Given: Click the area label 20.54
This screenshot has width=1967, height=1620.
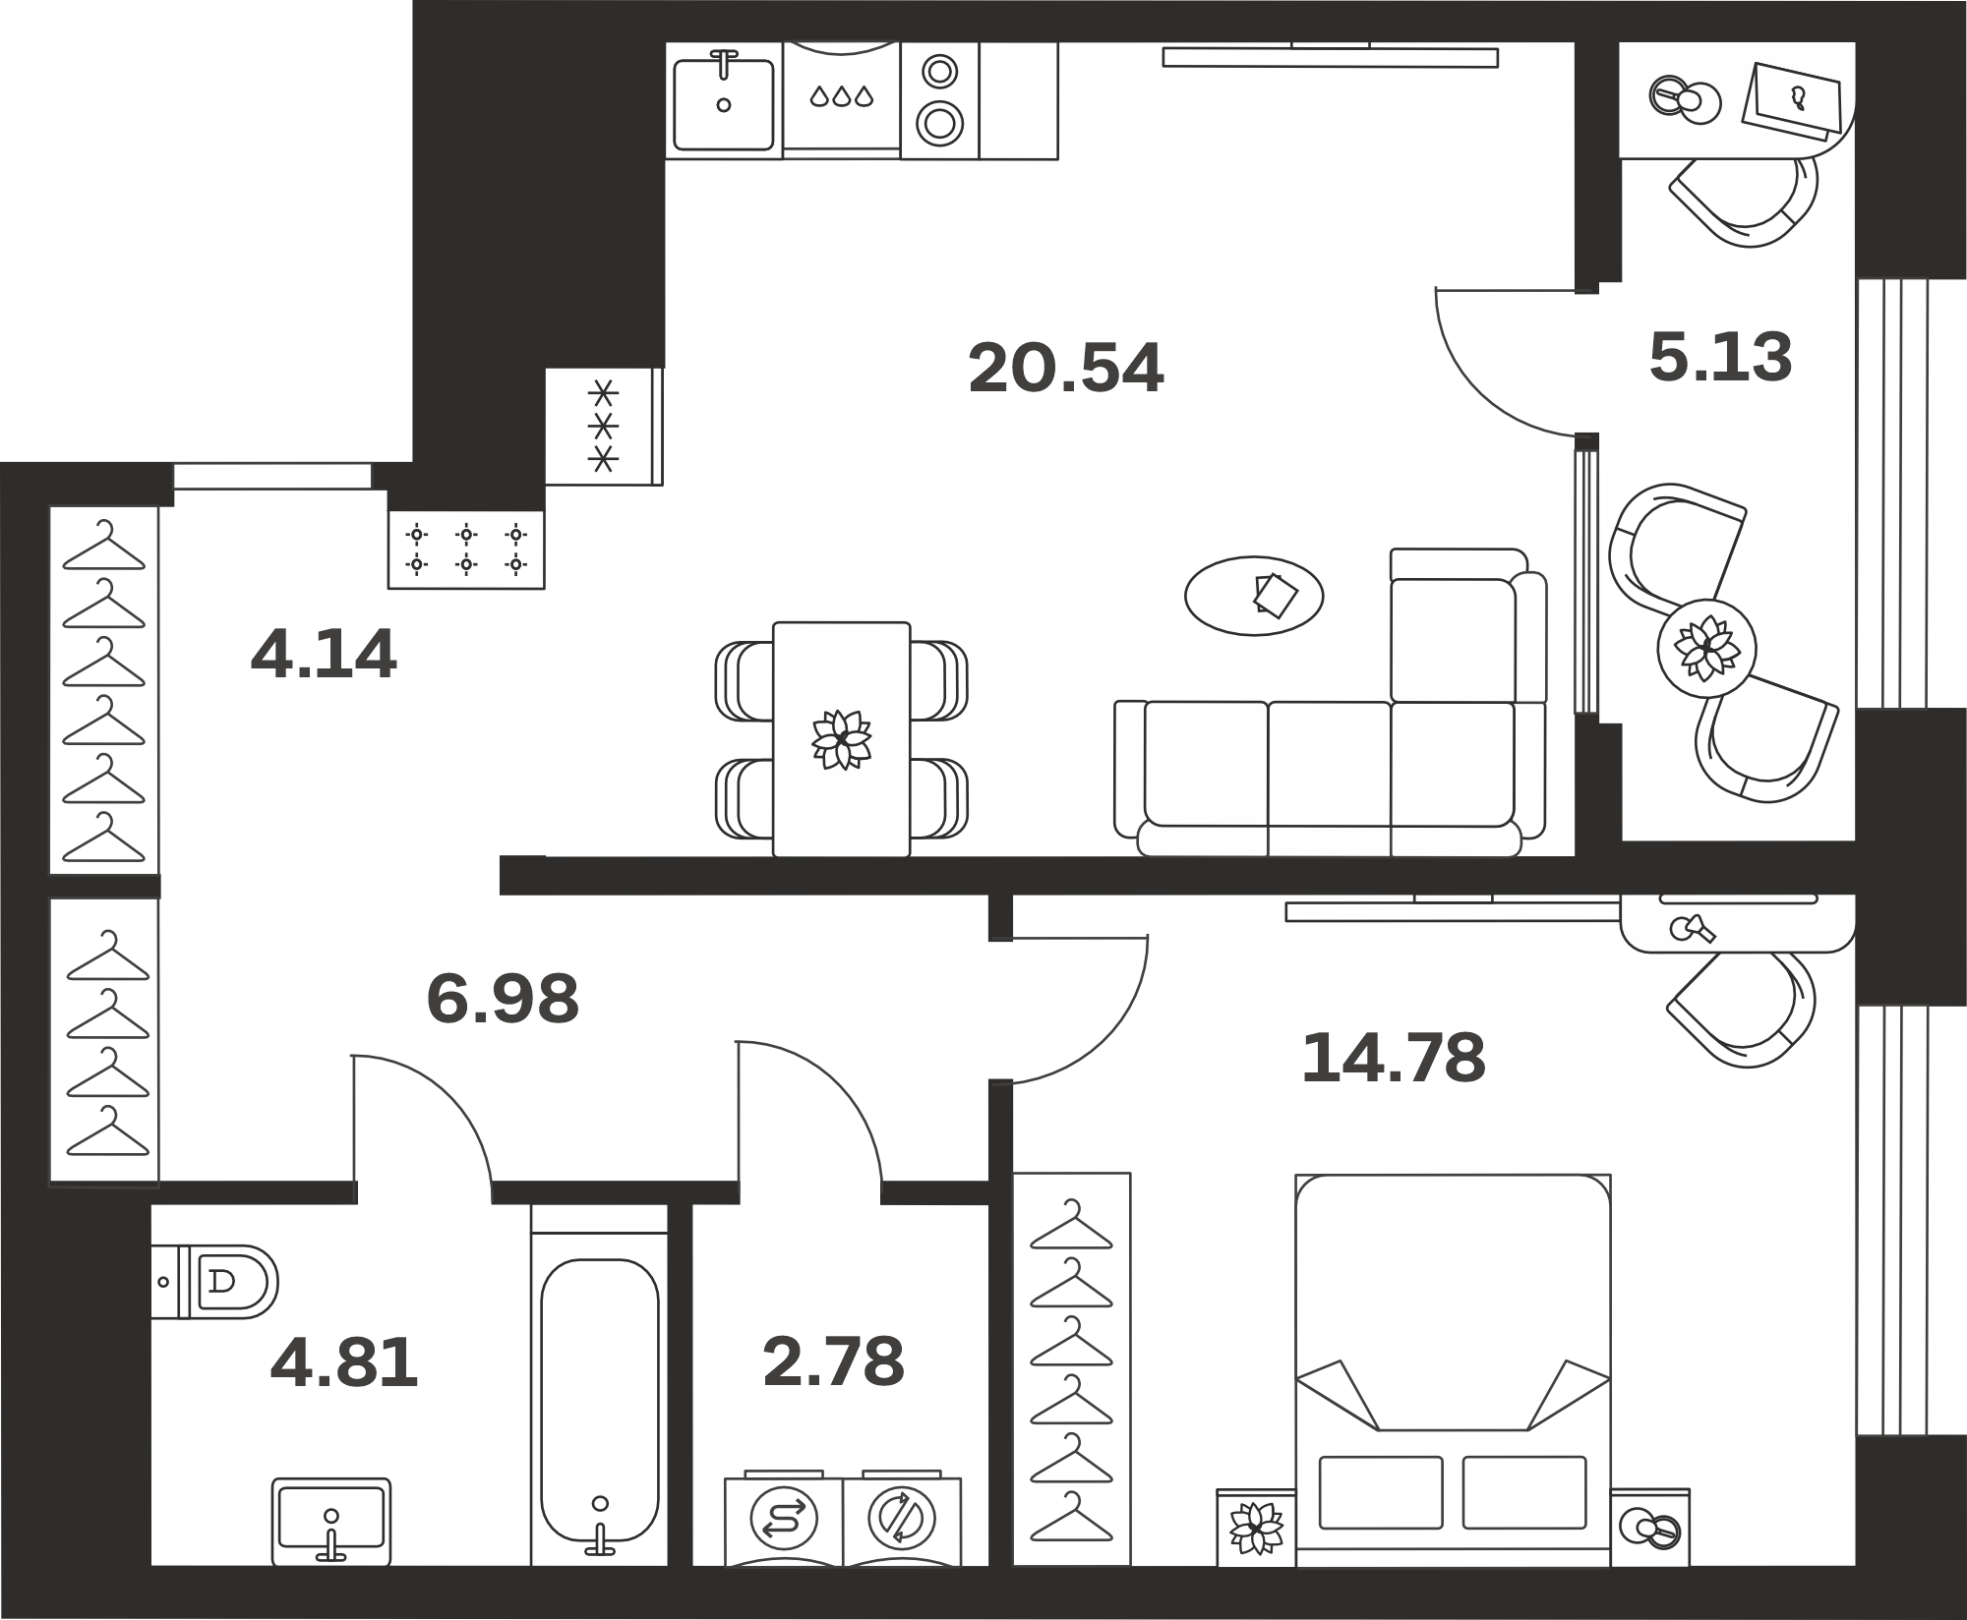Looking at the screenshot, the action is pos(1066,369).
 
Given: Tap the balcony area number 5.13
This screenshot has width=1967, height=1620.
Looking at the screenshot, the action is pos(1721,357).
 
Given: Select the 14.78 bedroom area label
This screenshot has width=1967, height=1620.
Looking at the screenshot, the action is pos(1393,1058).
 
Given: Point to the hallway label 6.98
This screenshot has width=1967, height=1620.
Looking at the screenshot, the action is pos(503,998).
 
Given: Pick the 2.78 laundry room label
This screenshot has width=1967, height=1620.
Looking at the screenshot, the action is pos(833,1362).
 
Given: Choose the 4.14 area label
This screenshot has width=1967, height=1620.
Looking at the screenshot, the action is pos(324,654).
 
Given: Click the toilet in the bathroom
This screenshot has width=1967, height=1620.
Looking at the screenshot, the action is pos(215,1282).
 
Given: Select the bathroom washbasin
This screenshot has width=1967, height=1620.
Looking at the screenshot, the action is pos(331,1522).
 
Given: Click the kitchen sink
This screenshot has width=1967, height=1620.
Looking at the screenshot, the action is pos(724,100).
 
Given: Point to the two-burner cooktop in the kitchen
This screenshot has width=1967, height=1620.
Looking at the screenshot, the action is pos(939,100).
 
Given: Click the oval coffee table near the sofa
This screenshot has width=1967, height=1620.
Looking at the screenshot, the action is pos(1254,596).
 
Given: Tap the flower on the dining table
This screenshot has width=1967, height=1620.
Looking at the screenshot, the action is pos(841,738).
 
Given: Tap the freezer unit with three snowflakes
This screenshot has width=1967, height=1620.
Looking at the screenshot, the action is pos(604,427).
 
